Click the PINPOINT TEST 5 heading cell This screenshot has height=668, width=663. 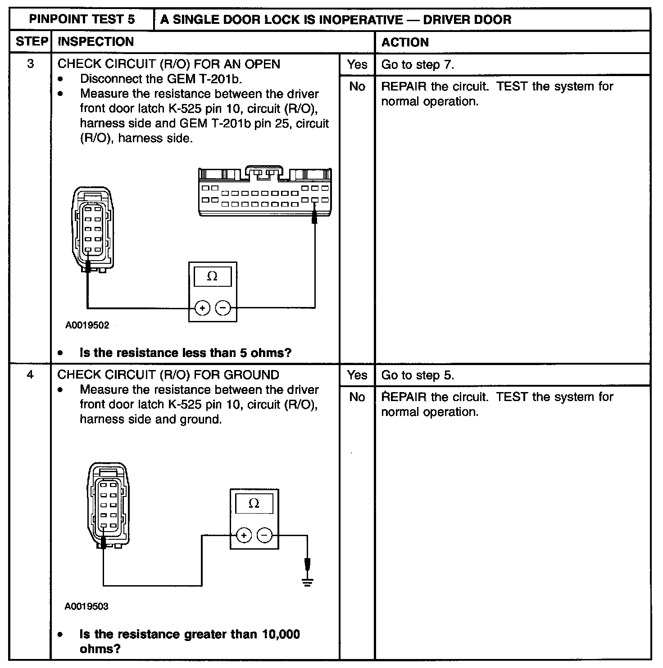(82, 19)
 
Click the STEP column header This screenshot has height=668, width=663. (31, 42)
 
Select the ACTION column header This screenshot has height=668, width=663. (405, 42)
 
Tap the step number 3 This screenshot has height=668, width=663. (30, 64)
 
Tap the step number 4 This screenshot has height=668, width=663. (30, 375)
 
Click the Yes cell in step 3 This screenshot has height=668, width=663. (357, 64)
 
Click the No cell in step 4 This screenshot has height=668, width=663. (357, 397)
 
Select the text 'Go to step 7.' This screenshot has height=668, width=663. (418, 64)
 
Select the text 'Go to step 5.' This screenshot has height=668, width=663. (418, 375)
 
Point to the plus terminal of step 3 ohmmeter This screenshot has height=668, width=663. (202, 308)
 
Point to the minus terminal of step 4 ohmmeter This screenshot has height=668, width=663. (265, 535)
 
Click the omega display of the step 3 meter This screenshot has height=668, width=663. (212, 276)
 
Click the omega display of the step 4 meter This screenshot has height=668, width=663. (254, 503)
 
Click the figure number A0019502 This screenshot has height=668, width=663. (87, 325)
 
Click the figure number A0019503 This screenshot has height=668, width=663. (86, 606)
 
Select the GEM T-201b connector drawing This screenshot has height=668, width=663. (265, 192)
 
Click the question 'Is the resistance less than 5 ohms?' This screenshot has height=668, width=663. (185, 352)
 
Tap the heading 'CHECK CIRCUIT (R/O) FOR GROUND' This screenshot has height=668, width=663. (168, 375)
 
